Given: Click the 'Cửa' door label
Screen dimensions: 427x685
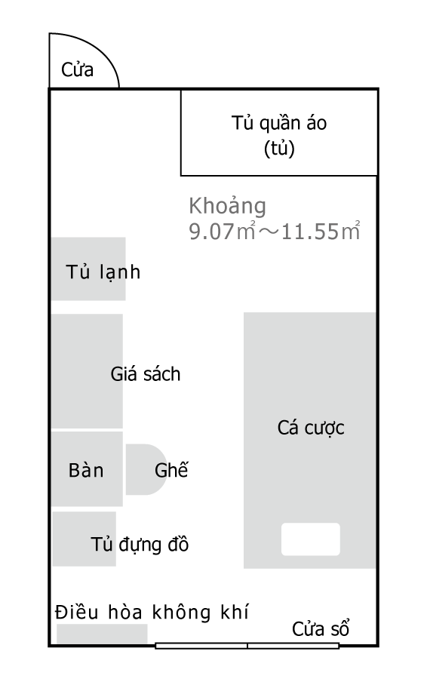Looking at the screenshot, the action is point(78,70).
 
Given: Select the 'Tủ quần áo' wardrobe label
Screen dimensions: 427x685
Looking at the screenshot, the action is point(279,123).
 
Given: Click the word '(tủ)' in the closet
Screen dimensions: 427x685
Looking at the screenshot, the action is point(279,149).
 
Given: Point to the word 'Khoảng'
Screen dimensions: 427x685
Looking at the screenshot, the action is point(227,206).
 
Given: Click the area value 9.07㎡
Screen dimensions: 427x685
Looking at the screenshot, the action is point(222,231).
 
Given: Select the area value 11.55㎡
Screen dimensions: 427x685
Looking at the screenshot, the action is point(321,231).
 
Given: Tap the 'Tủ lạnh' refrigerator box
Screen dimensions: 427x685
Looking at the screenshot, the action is point(88,269).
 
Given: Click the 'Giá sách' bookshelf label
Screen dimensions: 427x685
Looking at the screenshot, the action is point(146,374).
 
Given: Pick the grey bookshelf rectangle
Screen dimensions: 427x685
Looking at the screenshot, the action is point(87,371).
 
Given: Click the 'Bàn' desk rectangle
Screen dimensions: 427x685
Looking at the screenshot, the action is point(87,469).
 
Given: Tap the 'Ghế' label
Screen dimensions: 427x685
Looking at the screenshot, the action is point(171,470).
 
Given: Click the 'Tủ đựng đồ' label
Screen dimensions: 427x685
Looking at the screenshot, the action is point(140,545).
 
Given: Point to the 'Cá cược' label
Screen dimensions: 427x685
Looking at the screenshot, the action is point(311,429).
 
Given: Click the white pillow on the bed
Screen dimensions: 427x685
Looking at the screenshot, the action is point(311,539).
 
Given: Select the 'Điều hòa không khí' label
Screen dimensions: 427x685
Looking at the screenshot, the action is point(152,612).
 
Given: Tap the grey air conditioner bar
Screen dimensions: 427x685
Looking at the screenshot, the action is point(103,634).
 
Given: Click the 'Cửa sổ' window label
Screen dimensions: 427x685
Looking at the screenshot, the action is point(321,629).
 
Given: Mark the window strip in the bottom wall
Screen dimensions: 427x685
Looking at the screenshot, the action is point(247,646).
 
